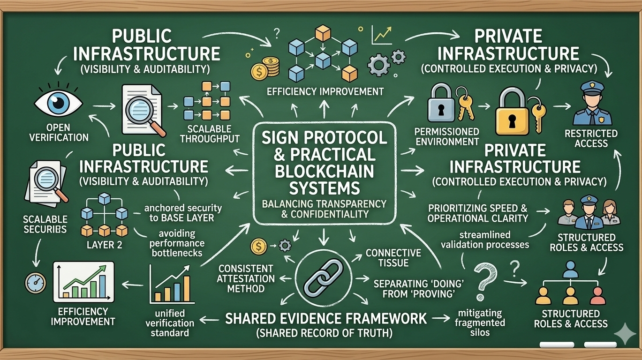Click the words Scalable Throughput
(210, 134)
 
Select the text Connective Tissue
(393, 258)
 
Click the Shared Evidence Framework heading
(326, 319)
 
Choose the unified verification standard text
(170, 323)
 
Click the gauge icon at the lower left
(35, 283)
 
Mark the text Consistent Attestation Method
(246, 278)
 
